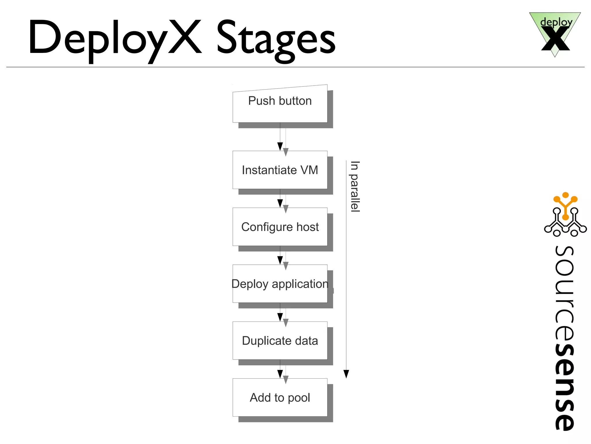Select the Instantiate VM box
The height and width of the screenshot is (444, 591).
pyautogui.click(x=280, y=170)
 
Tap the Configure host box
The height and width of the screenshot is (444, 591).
pyautogui.click(x=280, y=227)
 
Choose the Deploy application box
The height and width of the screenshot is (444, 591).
pyautogui.click(x=280, y=284)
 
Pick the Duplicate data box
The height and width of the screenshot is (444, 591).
pyautogui.click(x=280, y=341)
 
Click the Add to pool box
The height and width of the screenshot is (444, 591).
pyautogui.click(x=280, y=398)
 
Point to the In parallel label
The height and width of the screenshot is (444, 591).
pyautogui.click(x=355, y=186)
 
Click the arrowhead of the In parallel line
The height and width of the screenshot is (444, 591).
pyautogui.click(x=346, y=374)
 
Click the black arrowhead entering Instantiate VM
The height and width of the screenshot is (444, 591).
pyautogui.click(x=280, y=146)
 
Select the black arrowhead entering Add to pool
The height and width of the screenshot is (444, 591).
pyautogui.click(x=280, y=374)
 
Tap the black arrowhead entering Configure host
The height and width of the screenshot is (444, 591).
pyautogui.click(x=280, y=203)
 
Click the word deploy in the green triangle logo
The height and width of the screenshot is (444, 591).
pyautogui.click(x=556, y=22)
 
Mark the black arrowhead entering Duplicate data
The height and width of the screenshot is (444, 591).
pyautogui.click(x=280, y=317)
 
